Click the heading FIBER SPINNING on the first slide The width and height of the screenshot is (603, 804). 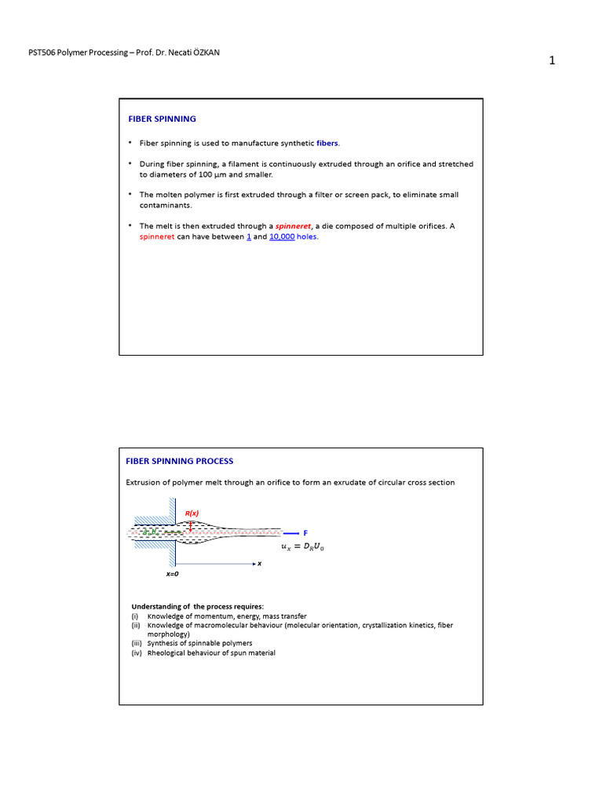(163, 119)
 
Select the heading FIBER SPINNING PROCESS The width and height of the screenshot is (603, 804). (180, 461)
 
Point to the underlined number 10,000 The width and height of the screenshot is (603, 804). (282, 236)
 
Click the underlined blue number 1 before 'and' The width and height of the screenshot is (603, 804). (249, 236)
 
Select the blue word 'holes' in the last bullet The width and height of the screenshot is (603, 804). (308, 236)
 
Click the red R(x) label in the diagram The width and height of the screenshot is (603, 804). (192, 513)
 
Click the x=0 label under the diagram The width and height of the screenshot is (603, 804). (172, 574)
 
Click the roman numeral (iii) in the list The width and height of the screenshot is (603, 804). (137, 643)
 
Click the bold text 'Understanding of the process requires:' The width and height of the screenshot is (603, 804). (198, 607)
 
